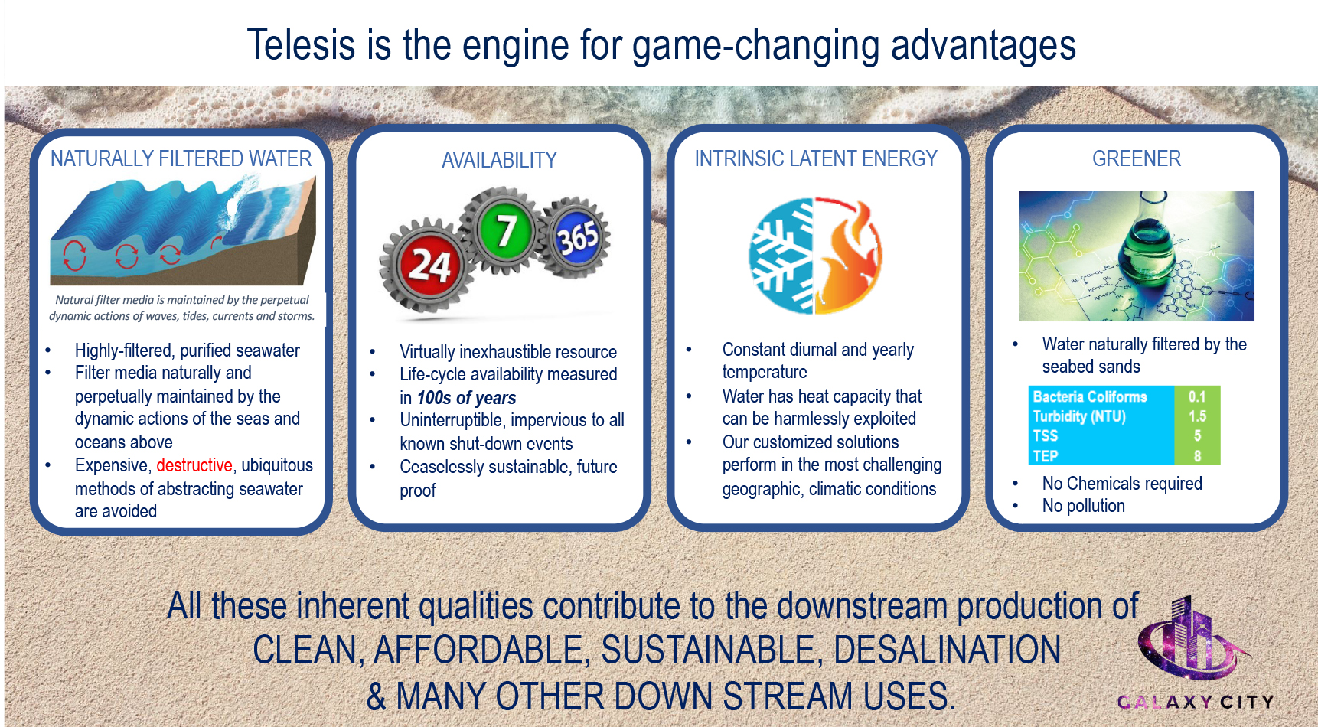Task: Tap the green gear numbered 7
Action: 504,230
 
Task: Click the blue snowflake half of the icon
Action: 781,256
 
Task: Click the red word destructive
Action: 194,465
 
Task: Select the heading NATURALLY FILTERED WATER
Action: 181,158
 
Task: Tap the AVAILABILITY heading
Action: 499,160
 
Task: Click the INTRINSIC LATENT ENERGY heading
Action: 816,158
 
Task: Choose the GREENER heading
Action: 1137,158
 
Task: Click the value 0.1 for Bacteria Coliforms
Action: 1197,396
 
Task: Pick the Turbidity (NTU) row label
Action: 1079,416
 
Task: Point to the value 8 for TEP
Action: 1198,456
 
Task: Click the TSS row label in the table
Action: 1046,436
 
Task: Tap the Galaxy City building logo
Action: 1193,639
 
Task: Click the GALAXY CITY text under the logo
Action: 1196,702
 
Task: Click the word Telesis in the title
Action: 301,44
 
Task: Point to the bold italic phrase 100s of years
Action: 466,398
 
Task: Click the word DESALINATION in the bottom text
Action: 947,650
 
